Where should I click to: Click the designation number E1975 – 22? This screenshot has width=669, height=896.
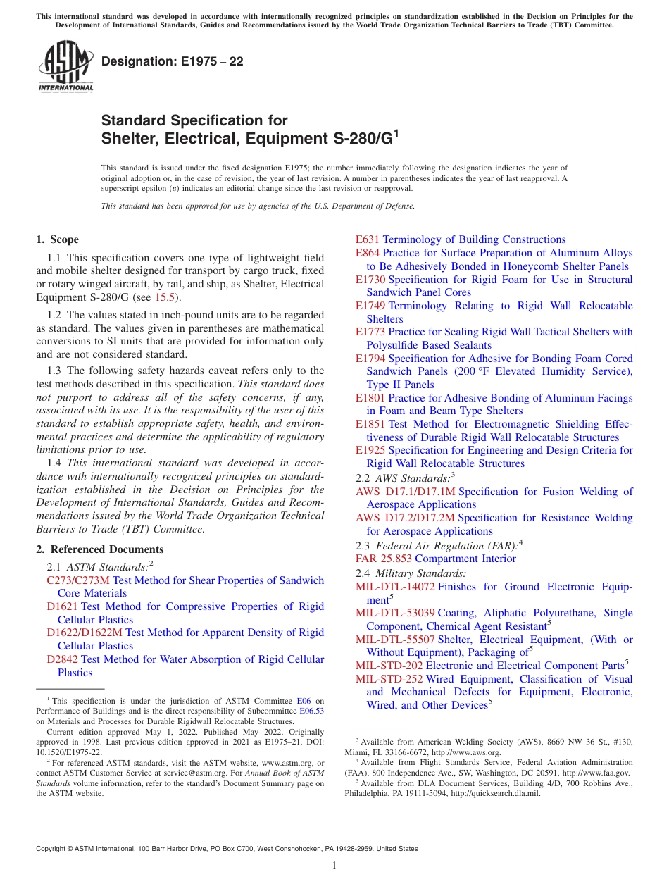click(x=173, y=62)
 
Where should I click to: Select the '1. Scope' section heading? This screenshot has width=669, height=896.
click(x=58, y=239)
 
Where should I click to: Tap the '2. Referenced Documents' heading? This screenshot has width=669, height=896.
click(x=100, y=549)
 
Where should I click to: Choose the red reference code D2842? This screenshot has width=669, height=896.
click(x=62, y=659)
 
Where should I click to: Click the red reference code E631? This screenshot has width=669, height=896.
click(x=368, y=239)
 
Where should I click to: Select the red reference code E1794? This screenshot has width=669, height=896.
click(x=370, y=359)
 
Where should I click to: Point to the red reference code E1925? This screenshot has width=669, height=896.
click(x=370, y=450)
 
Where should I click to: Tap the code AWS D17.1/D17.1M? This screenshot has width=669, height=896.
click(x=406, y=492)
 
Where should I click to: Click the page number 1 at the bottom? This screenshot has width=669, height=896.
click(x=334, y=866)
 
